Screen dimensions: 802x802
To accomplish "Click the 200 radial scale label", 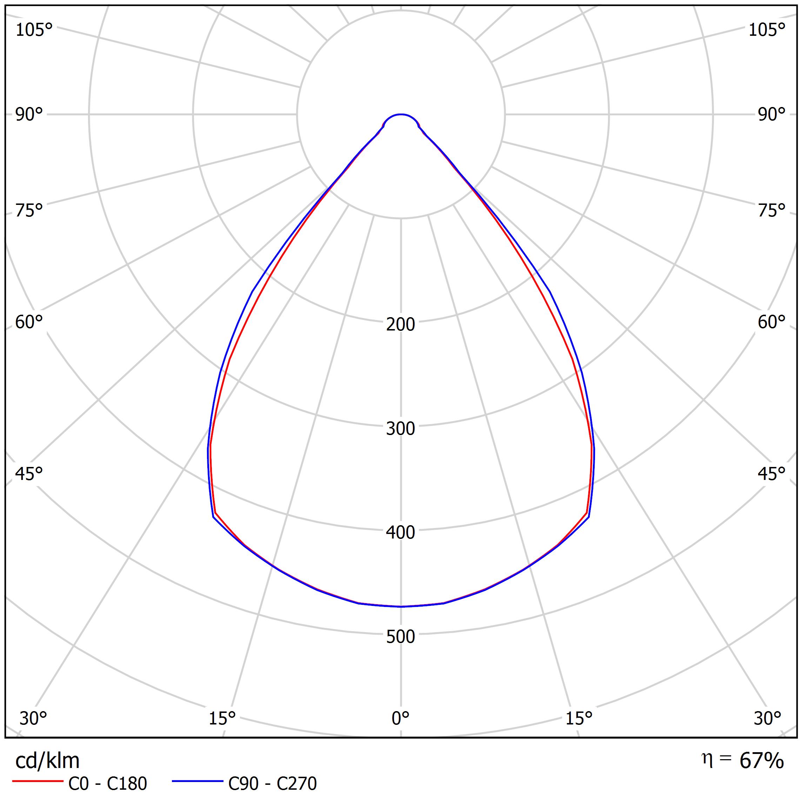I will pyautogui.click(x=400, y=324).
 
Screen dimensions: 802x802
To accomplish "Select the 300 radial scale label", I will pyautogui.click(x=400, y=428).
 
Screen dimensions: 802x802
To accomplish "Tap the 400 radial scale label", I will pyautogui.click(x=400, y=533).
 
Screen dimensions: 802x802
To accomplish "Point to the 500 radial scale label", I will pyautogui.click(x=400, y=637).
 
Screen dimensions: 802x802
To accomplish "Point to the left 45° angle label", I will pyautogui.click(x=29, y=474).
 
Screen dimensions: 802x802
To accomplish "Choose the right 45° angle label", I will pyautogui.click(x=771, y=474).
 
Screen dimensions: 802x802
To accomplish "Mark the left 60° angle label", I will pyautogui.click(x=29, y=322).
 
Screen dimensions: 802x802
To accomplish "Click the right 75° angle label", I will pyautogui.click(x=771, y=210).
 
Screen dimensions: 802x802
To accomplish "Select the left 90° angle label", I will pyautogui.click(x=29, y=114).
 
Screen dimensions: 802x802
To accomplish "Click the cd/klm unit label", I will pyautogui.click(x=47, y=761).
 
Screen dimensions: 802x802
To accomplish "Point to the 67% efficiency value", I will pyautogui.click(x=761, y=761).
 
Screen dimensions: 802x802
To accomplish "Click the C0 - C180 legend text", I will pyautogui.click(x=107, y=784).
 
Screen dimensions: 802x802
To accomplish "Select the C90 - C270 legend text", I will pyautogui.click(x=272, y=784).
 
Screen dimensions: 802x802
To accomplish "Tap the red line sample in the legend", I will pyautogui.click(x=37, y=781).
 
